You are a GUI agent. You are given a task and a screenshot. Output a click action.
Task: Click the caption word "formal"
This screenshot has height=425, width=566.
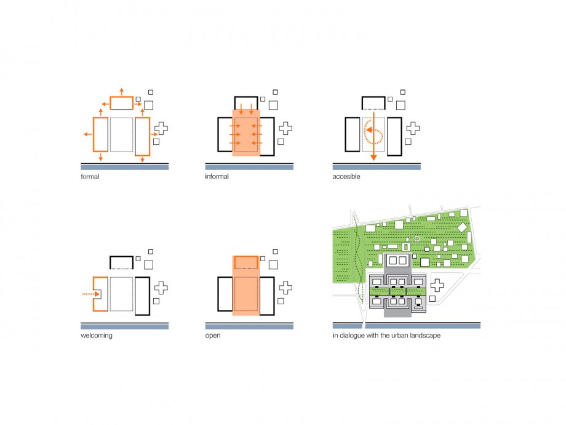90,176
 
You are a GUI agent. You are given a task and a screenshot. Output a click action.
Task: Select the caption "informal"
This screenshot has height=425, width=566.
217,176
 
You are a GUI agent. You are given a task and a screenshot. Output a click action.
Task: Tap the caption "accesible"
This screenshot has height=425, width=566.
346,176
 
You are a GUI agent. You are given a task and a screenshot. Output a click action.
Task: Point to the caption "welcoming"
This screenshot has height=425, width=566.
97,335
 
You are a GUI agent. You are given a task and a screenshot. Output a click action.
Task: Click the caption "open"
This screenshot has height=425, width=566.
213,336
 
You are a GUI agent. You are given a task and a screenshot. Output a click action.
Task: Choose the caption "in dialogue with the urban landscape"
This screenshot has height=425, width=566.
386,335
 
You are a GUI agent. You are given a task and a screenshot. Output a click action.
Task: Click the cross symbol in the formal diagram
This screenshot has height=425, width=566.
161,128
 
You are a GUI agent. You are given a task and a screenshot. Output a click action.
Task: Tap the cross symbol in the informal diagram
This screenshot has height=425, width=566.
285,128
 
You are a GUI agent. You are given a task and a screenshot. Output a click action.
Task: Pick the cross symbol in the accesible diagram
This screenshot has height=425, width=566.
413,128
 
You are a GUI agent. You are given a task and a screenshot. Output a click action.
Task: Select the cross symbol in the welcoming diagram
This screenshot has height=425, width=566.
161,288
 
